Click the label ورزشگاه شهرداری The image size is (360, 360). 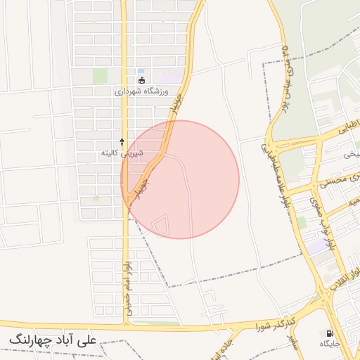click(x=142, y=91)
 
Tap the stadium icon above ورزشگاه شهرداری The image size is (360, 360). click(x=141, y=80)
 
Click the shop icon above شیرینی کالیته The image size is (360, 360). click(x=122, y=142)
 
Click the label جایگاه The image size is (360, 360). click(x=330, y=344)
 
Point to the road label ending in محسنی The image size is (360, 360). click(x=337, y=180)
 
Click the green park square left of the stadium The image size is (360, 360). click(x=100, y=75)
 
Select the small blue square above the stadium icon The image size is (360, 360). click(x=141, y=71)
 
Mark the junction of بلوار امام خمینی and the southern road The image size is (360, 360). click(x=127, y=325)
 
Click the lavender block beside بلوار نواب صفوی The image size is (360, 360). click(x=317, y=246)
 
